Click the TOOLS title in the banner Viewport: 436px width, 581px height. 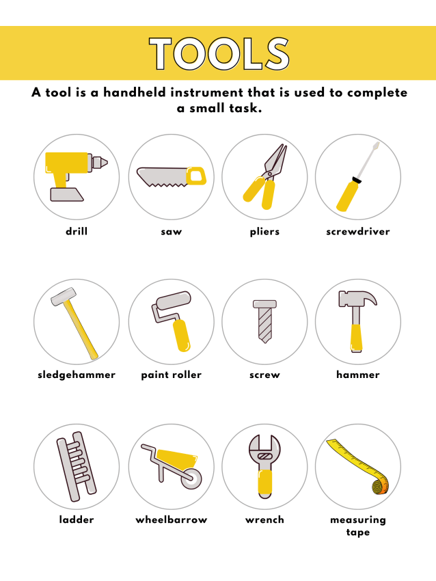pyautogui.click(x=219, y=54)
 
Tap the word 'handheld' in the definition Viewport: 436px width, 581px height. pyautogui.click(x=135, y=92)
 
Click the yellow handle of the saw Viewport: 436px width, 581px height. pyautogui.click(x=196, y=176)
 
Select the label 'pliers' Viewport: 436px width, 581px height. pyautogui.click(x=264, y=232)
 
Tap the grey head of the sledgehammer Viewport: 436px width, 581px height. pyautogui.click(x=64, y=297)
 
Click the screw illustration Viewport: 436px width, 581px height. pyautogui.click(x=264, y=321)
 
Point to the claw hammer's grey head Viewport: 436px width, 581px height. pyautogui.click(x=357, y=298)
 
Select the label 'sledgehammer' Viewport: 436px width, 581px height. pyautogui.click(x=77, y=375)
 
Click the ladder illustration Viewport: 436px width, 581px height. pyautogui.click(x=77, y=466)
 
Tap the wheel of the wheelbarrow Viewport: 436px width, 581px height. pyautogui.click(x=192, y=478)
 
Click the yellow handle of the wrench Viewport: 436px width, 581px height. pyautogui.click(x=265, y=483)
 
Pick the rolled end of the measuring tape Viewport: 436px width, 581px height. pyautogui.click(x=381, y=486)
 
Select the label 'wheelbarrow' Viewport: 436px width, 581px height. pyautogui.click(x=171, y=520)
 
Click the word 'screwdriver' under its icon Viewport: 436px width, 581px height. pyautogui.click(x=358, y=232)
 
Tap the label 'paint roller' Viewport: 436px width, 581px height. pyautogui.click(x=171, y=375)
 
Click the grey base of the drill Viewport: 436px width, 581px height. pyautogui.click(x=67, y=195)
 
